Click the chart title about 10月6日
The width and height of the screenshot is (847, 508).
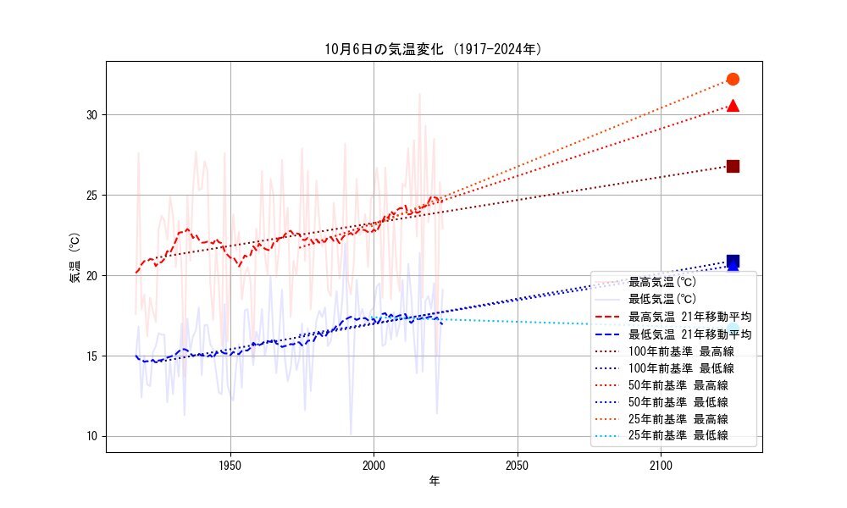point(433,49)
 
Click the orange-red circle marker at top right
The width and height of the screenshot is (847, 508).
point(733,79)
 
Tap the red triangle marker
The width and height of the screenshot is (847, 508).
point(733,106)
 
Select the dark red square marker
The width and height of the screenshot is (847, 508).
point(733,166)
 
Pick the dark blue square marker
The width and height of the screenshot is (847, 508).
point(733,262)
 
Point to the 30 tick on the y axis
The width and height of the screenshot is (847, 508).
point(91,114)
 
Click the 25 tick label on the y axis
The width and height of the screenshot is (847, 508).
point(91,195)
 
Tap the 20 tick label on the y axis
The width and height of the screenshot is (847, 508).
point(91,275)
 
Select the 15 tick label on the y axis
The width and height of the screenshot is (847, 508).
point(91,356)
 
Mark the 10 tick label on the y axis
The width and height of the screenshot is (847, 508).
point(91,436)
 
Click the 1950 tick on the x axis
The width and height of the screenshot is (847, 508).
point(230,465)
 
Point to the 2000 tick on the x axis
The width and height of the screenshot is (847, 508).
point(374,465)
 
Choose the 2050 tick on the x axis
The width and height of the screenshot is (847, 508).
point(518,465)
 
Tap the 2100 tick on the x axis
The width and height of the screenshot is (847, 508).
point(661,465)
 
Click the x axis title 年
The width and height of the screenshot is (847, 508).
point(434,481)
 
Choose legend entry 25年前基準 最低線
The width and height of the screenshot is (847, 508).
point(678,436)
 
